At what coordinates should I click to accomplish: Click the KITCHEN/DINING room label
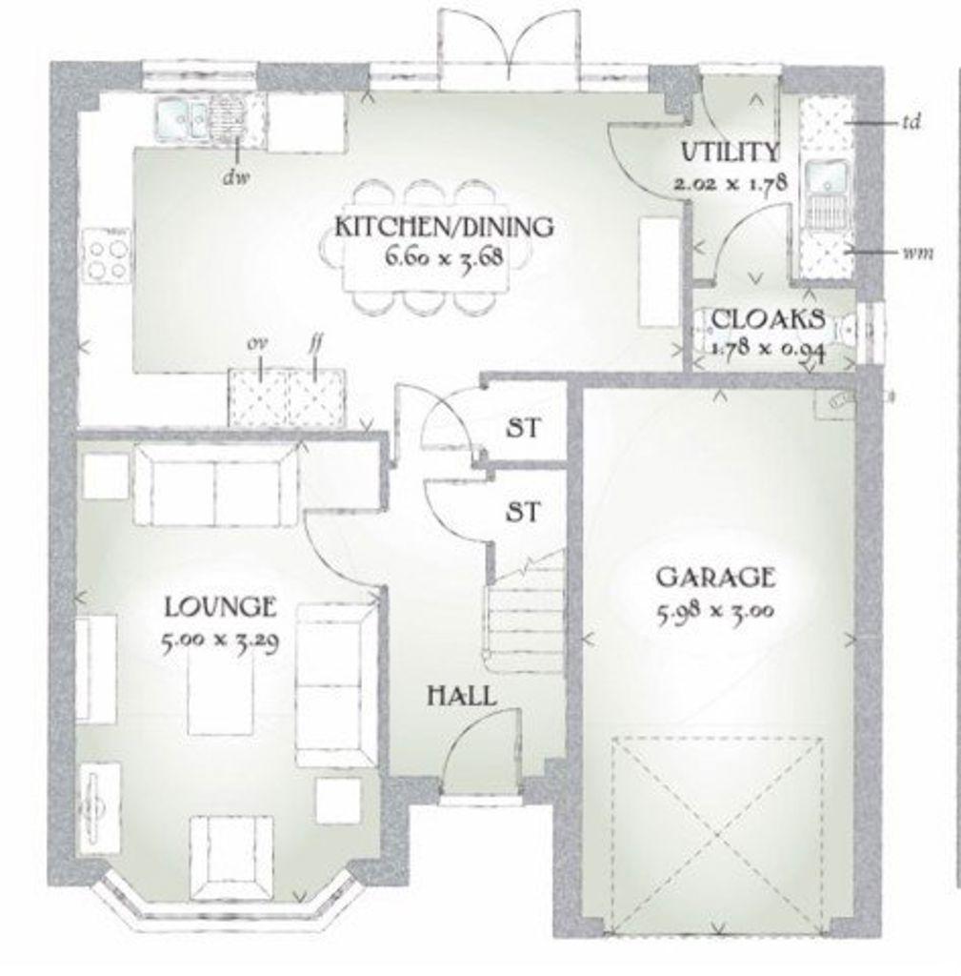pos(444,227)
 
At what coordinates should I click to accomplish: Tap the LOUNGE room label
pos(220,606)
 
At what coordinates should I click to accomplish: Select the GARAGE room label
pos(716,578)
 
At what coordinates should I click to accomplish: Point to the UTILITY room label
pos(731,152)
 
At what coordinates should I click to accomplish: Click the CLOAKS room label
pos(769,319)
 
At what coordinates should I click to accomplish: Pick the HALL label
pos(462,695)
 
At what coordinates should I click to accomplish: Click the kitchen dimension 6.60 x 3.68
pos(444,256)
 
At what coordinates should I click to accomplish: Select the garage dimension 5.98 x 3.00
pos(716,611)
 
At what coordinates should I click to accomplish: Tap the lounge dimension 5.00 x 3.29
pos(220,640)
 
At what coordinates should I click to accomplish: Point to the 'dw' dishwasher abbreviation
pos(236,178)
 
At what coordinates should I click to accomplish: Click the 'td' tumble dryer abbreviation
pos(911,121)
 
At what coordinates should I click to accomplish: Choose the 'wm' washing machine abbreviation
pos(917,253)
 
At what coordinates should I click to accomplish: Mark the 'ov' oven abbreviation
pos(253,343)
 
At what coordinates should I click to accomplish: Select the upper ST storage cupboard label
pos(523,428)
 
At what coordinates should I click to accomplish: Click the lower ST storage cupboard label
pos(523,512)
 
